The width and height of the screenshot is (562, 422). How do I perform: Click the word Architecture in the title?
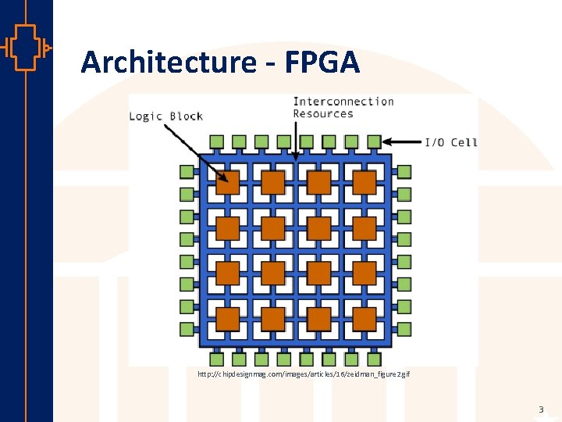tap(168, 62)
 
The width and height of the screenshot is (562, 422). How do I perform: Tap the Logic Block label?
tap(165, 116)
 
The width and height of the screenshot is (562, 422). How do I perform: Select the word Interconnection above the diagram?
tap(343, 102)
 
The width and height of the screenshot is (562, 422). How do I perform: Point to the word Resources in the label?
tap(323, 114)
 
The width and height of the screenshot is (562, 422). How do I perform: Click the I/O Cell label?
tap(450, 142)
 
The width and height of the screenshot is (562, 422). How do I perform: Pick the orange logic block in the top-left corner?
tap(228, 183)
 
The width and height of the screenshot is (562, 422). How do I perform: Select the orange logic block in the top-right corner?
tap(365, 183)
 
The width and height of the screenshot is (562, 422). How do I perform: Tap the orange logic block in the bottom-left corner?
tap(228, 319)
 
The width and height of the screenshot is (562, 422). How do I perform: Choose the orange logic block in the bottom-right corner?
tap(365, 319)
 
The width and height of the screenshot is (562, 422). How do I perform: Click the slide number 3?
tap(540, 409)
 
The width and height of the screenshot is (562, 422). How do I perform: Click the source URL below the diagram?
tap(304, 375)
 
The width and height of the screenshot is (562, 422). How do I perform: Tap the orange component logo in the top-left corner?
tap(25, 48)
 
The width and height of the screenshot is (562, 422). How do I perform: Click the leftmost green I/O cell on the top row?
tap(217, 141)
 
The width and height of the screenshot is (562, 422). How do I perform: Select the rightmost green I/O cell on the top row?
tap(374, 141)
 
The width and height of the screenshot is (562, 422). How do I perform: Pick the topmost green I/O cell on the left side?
tap(187, 172)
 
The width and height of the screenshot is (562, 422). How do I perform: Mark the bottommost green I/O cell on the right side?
tap(404, 329)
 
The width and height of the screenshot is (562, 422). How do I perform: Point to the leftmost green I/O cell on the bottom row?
tap(217, 359)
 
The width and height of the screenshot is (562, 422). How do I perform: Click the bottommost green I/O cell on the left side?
tap(187, 329)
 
